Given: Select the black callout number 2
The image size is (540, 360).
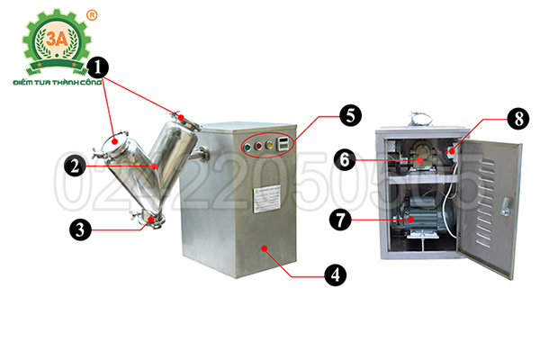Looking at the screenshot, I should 75,165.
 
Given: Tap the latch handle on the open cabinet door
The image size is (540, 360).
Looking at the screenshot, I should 508,206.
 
